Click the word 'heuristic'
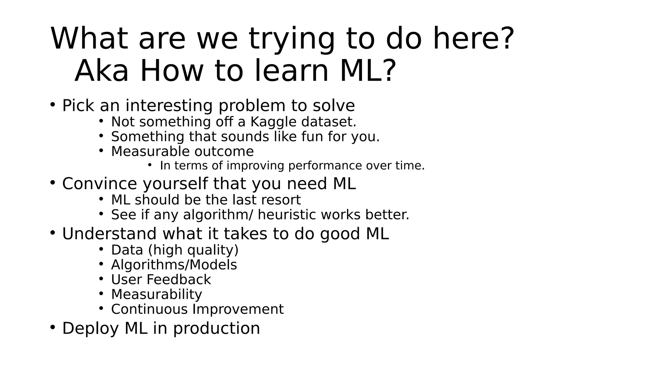(x=287, y=215)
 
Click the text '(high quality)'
(x=193, y=250)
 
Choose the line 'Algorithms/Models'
(x=174, y=265)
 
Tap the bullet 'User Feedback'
(x=161, y=279)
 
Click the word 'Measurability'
(x=157, y=294)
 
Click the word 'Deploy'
(x=90, y=328)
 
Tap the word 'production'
(x=216, y=328)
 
